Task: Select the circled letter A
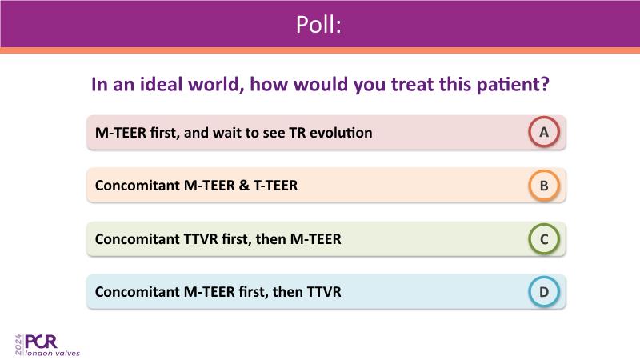[x=544, y=132]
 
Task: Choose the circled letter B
[x=544, y=186]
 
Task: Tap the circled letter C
[x=544, y=239]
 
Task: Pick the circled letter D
[x=544, y=292]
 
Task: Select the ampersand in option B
[x=244, y=186]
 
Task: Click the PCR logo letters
[x=41, y=342]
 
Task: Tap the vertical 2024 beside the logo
[x=18, y=345]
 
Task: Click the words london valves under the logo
[x=52, y=353]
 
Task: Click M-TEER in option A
[x=121, y=133]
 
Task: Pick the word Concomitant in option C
[x=138, y=239]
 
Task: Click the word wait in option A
[x=229, y=133]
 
